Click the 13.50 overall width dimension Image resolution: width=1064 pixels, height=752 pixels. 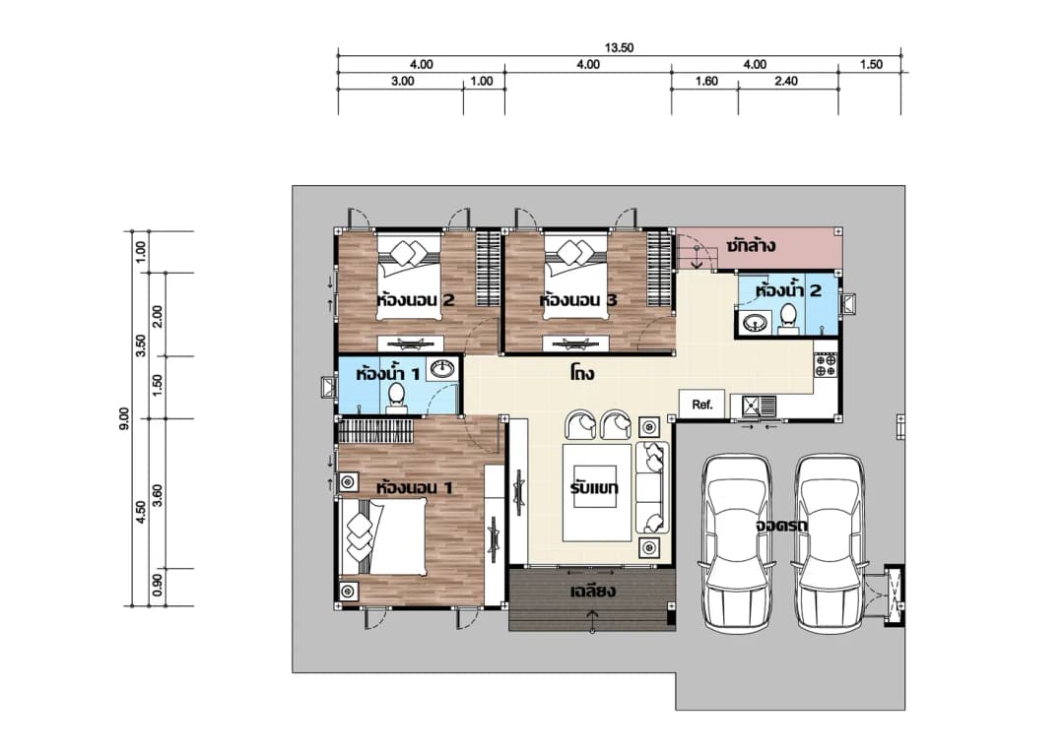pos(619,47)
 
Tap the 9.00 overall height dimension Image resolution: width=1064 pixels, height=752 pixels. pos(123,418)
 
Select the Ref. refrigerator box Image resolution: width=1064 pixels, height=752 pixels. pos(701,405)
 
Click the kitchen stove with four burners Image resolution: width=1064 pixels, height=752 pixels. pos(826,365)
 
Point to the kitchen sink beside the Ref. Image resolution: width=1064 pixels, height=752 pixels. pos(759,407)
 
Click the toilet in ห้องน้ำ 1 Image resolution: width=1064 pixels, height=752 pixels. pos(396,399)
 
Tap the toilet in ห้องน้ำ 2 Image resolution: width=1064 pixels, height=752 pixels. pos(788,319)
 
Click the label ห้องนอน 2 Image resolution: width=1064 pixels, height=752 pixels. pos(416,299)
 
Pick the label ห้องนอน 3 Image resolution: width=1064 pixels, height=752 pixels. pos(578,299)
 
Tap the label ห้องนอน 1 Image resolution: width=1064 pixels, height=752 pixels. pos(415,487)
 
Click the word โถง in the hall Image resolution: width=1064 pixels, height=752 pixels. pos(582,373)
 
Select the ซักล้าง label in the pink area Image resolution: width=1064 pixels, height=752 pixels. pos(751,245)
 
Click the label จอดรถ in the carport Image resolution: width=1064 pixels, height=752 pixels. pos(781,525)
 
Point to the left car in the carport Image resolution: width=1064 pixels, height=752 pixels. pos(737,543)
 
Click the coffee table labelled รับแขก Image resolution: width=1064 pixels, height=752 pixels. pos(597,491)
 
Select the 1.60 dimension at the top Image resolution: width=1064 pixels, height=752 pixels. pos(706,82)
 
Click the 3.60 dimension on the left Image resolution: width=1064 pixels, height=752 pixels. pos(158,496)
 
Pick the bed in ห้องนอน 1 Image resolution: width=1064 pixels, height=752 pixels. pos(383,537)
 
